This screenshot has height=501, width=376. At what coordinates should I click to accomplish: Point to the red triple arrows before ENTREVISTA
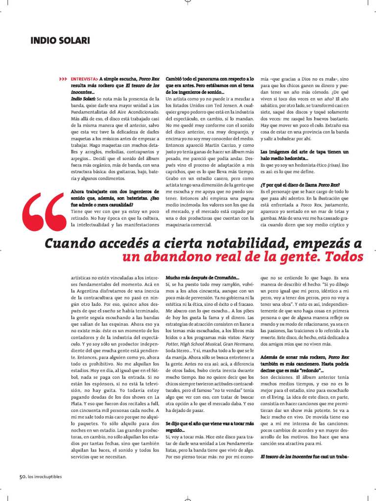(x=63, y=79)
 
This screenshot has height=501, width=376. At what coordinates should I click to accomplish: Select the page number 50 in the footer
(x=22, y=477)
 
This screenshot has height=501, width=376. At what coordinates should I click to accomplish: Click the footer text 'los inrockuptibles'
(x=45, y=477)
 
